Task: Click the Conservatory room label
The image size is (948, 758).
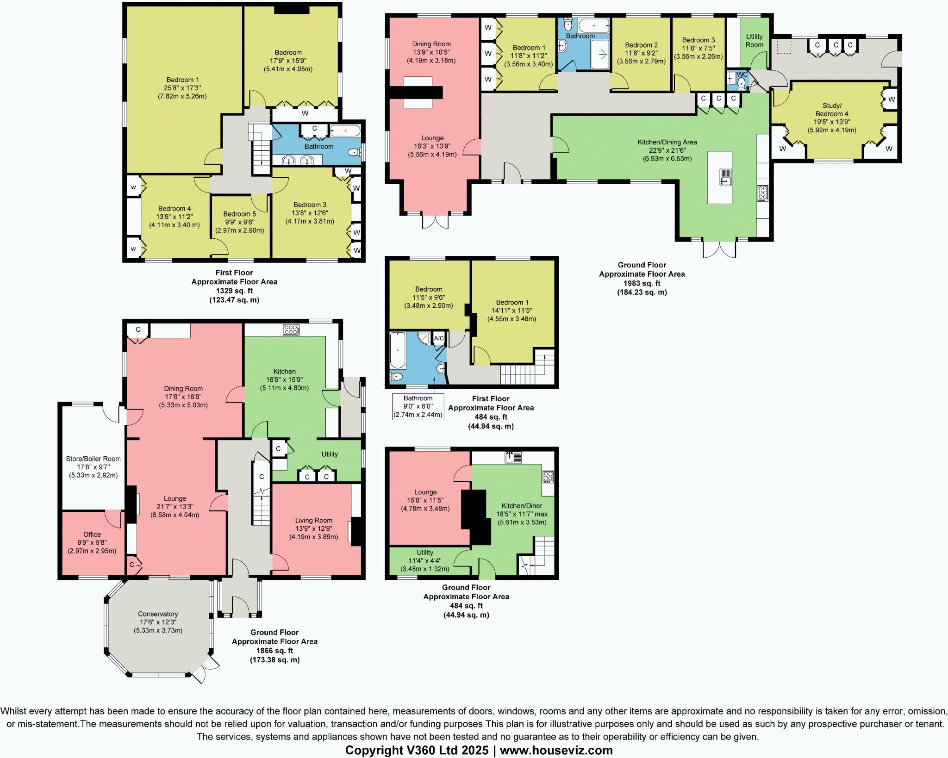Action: [x=158, y=614]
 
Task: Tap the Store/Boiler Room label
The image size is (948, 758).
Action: [x=93, y=459]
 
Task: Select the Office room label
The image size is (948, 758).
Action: [x=92, y=534]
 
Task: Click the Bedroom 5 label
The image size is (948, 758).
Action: [x=239, y=214]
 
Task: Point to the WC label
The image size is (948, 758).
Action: [x=742, y=75]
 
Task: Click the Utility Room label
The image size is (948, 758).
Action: [x=754, y=41]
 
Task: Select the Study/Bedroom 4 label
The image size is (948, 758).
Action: [x=832, y=110]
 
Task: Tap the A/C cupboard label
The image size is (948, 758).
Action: [x=439, y=338]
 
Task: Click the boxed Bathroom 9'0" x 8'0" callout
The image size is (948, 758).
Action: [x=418, y=406]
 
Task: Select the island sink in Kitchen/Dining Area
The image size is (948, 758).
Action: [x=725, y=177]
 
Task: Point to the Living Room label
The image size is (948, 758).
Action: [x=313, y=520]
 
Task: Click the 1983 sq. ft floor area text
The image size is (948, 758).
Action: [x=642, y=283]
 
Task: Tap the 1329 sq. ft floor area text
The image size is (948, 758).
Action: [x=234, y=291]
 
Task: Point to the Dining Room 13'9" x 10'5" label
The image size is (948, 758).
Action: [x=431, y=44]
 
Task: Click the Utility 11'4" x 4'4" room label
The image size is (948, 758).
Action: [x=425, y=552]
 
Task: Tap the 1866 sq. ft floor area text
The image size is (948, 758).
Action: [x=274, y=651]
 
